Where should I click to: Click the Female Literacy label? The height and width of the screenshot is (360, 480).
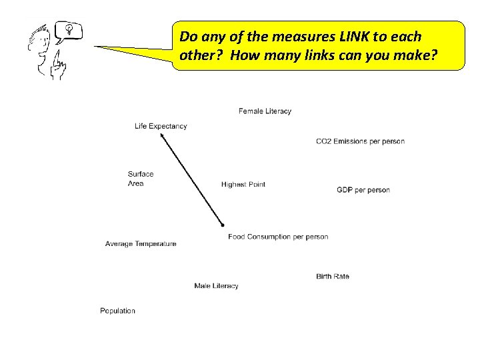(x=265, y=111)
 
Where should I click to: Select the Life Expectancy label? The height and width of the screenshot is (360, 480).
(x=161, y=126)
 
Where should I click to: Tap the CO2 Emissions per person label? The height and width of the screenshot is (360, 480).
(x=360, y=141)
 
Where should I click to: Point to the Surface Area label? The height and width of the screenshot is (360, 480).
(x=140, y=179)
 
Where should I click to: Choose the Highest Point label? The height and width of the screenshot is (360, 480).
(x=243, y=185)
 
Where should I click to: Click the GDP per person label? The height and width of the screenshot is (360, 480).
(x=363, y=190)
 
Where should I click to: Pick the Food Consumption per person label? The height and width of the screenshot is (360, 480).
(x=278, y=237)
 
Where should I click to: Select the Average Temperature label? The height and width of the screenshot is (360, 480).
(x=141, y=244)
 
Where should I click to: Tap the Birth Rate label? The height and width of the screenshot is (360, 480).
(x=332, y=276)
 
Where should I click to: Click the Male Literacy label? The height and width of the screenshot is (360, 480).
(x=216, y=286)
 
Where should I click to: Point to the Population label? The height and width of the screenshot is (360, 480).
(x=117, y=311)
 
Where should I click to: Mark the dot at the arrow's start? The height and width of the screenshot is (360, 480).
(x=223, y=225)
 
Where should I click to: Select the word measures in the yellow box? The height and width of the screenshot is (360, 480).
(x=293, y=35)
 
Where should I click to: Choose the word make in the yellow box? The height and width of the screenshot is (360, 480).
(x=413, y=58)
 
